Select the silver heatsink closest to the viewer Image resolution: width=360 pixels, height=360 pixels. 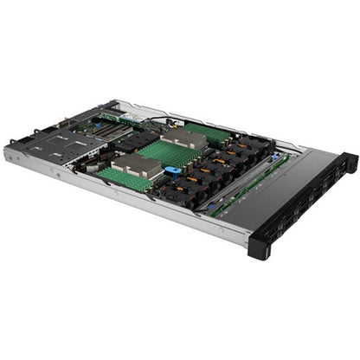[x=135, y=165]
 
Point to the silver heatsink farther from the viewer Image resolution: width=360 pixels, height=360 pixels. [x=183, y=138]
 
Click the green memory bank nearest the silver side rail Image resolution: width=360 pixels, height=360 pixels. [x=122, y=178]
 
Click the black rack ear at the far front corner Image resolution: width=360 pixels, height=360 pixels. [x=348, y=161]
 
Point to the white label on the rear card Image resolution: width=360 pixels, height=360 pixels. [x=129, y=116]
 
